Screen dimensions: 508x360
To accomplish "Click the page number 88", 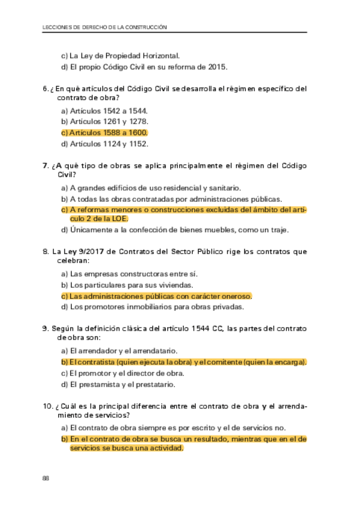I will [46, 477].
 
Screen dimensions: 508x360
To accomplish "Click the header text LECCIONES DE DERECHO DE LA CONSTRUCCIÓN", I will [106, 27].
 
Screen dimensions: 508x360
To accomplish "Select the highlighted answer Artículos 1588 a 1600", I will [104, 132].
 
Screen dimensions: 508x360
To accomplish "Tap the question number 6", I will [46, 89].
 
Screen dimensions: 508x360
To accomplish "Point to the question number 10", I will [47, 407].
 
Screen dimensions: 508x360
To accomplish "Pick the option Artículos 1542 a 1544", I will [105, 111].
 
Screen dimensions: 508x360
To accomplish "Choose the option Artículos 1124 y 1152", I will [105, 144].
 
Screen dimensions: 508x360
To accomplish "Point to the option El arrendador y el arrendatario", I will [123, 350].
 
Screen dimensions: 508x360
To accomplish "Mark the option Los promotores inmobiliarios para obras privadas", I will [153, 307].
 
